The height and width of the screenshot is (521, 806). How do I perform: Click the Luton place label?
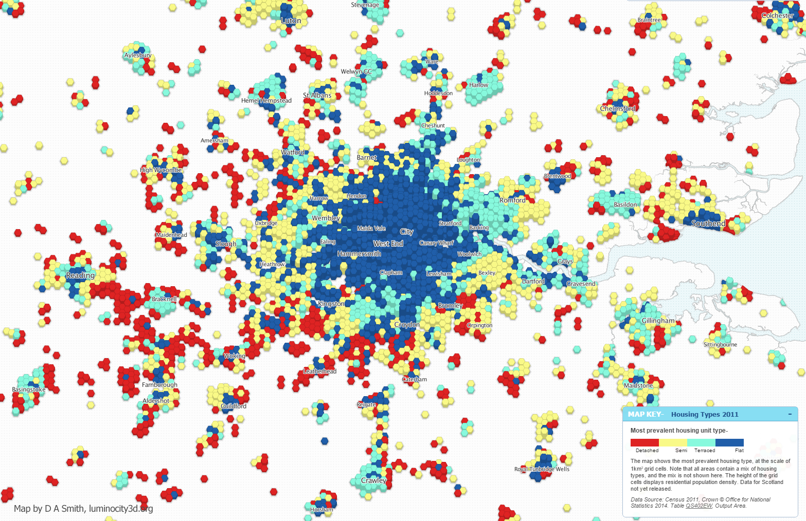click(x=291, y=21)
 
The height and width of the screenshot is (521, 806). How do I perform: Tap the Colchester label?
click(x=777, y=15)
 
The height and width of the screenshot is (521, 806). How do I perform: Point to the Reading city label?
click(x=80, y=275)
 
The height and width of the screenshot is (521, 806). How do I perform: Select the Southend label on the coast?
click(x=708, y=223)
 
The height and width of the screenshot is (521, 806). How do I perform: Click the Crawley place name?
click(x=373, y=480)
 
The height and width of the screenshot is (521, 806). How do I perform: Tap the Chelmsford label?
click(x=617, y=108)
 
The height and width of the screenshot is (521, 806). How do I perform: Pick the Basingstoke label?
click(x=29, y=389)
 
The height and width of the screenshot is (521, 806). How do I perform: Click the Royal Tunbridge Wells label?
click(x=542, y=469)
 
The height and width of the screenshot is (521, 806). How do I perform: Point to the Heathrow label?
click(x=272, y=264)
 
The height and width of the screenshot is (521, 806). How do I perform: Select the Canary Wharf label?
click(x=436, y=243)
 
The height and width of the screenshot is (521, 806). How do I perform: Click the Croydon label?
click(x=407, y=325)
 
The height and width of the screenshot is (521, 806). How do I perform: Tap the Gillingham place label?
click(x=658, y=321)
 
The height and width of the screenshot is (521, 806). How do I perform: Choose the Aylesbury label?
click(x=138, y=55)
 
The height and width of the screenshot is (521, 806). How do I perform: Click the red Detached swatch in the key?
click(x=644, y=442)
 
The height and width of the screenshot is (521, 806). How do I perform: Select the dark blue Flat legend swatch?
click(x=729, y=442)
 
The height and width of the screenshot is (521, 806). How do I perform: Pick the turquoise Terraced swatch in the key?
click(x=701, y=442)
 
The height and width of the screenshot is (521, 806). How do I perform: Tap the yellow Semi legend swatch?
click(x=673, y=442)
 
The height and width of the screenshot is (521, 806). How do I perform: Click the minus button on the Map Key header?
click(x=790, y=414)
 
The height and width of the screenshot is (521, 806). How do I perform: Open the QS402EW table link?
click(x=698, y=506)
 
